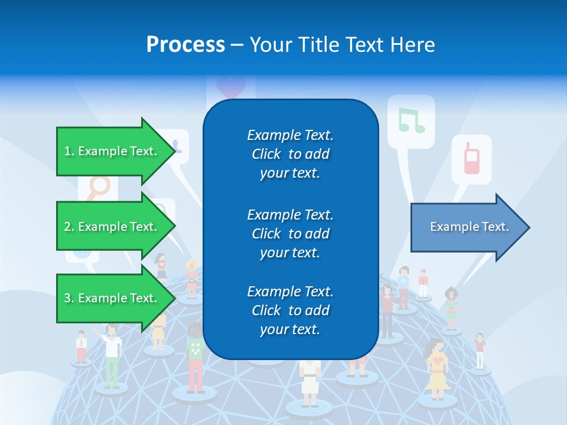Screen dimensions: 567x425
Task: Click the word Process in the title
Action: coord(185,44)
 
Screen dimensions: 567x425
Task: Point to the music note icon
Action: coord(411,120)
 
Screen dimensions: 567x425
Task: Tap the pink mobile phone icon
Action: coord(471,158)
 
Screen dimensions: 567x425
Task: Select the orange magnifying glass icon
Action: coord(98,188)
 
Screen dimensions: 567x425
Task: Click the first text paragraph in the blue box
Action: coord(290,154)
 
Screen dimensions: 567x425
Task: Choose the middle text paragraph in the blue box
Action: coord(290,234)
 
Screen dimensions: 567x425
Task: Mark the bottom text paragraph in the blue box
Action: coord(290,310)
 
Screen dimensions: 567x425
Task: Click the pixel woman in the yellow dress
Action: coord(437,368)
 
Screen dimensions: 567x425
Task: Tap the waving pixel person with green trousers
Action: coord(111,354)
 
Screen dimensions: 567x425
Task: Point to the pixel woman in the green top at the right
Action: coord(451,307)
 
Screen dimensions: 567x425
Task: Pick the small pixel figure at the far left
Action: coord(82,346)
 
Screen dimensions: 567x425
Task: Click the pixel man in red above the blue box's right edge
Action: coord(387,310)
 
